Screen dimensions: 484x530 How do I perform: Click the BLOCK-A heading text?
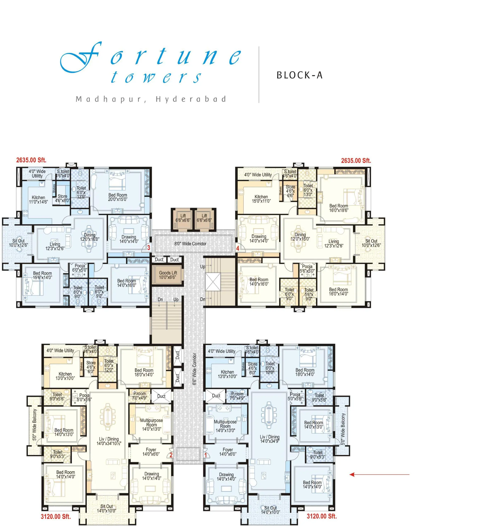(x=299, y=75)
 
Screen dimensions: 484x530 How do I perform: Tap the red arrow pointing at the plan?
(x=379, y=474)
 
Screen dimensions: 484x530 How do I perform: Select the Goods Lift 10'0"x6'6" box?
(x=168, y=275)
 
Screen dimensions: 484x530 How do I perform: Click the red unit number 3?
(x=149, y=247)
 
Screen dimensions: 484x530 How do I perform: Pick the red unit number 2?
(x=171, y=455)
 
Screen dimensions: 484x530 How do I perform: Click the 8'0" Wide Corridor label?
(x=190, y=244)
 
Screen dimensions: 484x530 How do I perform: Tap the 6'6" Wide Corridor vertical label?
(x=194, y=369)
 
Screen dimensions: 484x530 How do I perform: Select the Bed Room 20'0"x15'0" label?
(x=118, y=197)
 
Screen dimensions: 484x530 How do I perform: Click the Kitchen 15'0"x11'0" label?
(x=261, y=199)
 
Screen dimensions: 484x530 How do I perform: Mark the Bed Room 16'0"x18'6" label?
(x=339, y=208)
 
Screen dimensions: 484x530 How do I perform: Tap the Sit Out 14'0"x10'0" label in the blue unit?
(x=270, y=510)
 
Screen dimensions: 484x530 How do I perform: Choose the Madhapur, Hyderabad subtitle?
(x=151, y=99)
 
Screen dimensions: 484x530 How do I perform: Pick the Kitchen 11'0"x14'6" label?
(x=38, y=200)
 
